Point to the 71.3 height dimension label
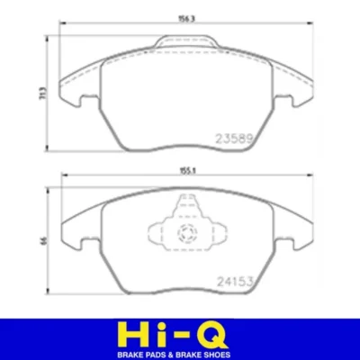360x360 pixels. (x=43, y=93)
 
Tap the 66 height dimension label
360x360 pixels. (x=44, y=240)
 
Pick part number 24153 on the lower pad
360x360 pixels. (x=236, y=282)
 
